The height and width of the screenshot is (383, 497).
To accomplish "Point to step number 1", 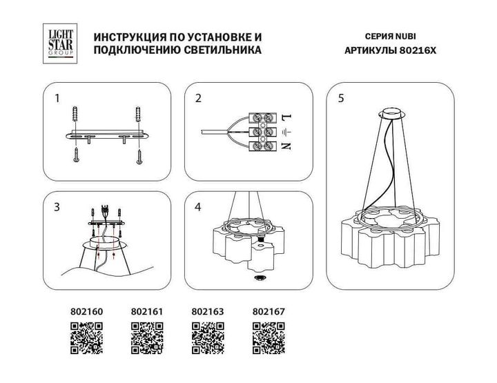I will click(x=57, y=99).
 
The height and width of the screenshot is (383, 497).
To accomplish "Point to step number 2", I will click(x=198, y=99).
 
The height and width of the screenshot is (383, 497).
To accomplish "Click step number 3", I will click(x=57, y=206).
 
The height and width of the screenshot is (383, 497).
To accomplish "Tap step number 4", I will click(x=198, y=206).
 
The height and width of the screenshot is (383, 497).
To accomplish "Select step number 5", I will click(x=341, y=99).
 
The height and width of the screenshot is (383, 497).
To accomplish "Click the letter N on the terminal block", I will click(x=284, y=146).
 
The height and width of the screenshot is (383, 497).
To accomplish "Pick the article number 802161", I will click(x=146, y=312).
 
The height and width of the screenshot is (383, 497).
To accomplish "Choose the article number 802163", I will click(x=206, y=312).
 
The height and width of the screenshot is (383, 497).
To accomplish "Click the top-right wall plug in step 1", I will click(x=140, y=113).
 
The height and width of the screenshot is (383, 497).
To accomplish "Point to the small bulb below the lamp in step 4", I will click(x=260, y=277).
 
